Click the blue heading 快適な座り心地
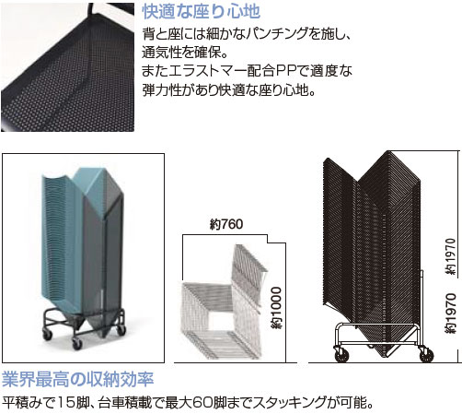pos(202,12)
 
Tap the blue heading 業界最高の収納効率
pos(78,379)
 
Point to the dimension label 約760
pos(226,224)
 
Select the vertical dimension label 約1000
pos(277,308)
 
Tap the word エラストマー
pos(208,71)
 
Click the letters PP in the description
pos(286,71)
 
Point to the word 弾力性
pos(161,90)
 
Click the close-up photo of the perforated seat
pos(67,67)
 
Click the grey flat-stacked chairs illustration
pos(224,302)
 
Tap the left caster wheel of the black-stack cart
pos(341,355)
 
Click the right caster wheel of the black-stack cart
pos(426,355)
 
